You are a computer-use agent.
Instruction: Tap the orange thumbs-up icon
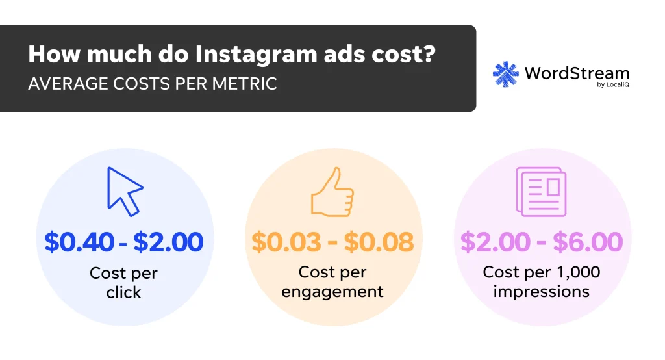point(332,192)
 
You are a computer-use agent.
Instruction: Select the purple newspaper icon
point(540,191)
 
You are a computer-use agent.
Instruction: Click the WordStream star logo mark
point(506,74)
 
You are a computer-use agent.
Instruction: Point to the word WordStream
point(577,72)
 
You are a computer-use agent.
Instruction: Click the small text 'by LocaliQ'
point(612,86)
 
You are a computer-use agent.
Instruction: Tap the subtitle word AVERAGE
point(62,84)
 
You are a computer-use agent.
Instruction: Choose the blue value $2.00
point(168,242)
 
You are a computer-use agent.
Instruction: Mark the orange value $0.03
point(286,242)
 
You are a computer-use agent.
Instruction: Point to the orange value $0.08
point(379,242)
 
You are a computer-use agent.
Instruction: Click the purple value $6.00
point(587,242)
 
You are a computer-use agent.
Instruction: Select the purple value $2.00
point(495,242)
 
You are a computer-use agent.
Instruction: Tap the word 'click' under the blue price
point(123,292)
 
